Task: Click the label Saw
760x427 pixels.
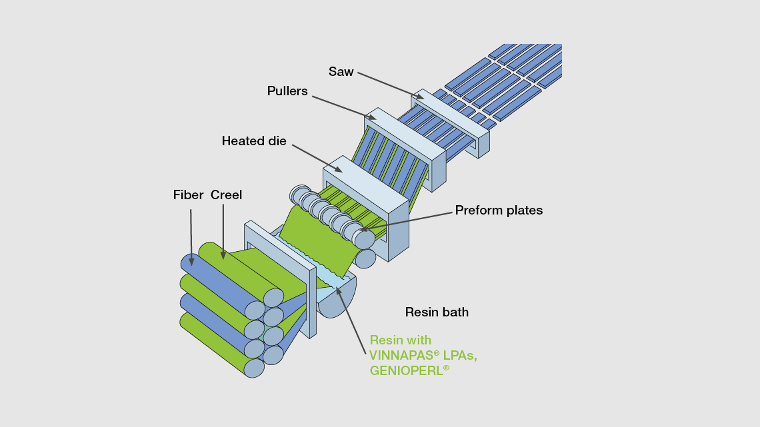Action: coord(341,71)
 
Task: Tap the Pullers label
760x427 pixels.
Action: coord(287,91)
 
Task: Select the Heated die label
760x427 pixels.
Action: coord(254,141)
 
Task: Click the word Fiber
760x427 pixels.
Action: coord(188,195)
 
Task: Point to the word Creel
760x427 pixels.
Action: coord(226,195)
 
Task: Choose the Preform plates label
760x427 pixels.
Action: coord(499,211)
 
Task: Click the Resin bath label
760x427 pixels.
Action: coord(437,312)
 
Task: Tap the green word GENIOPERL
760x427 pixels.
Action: coord(406,371)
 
